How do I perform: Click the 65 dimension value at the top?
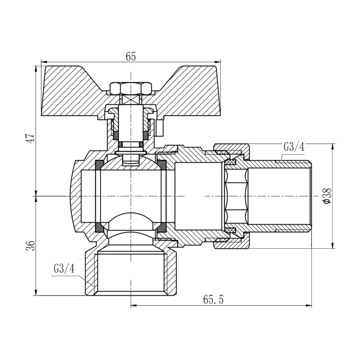coord(130,56)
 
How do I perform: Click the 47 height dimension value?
coord(30,138)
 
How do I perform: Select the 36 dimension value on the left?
coord(30,246)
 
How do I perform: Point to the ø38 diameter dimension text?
coord(327,197)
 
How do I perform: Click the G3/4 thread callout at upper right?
coord(294,147)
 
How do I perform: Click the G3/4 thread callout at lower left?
coord(63,269)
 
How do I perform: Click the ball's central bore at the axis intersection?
coord(130,196)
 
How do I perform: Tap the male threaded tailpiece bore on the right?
coord(279,197)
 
